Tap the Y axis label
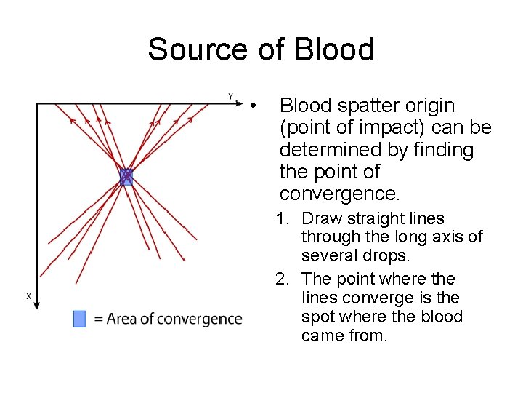pos(230,96)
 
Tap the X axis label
pos(28,295)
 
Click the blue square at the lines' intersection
pos(126,177)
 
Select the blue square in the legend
pos(80,319)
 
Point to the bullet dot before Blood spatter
pos(252,107)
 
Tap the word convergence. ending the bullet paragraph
pos(339,194)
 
